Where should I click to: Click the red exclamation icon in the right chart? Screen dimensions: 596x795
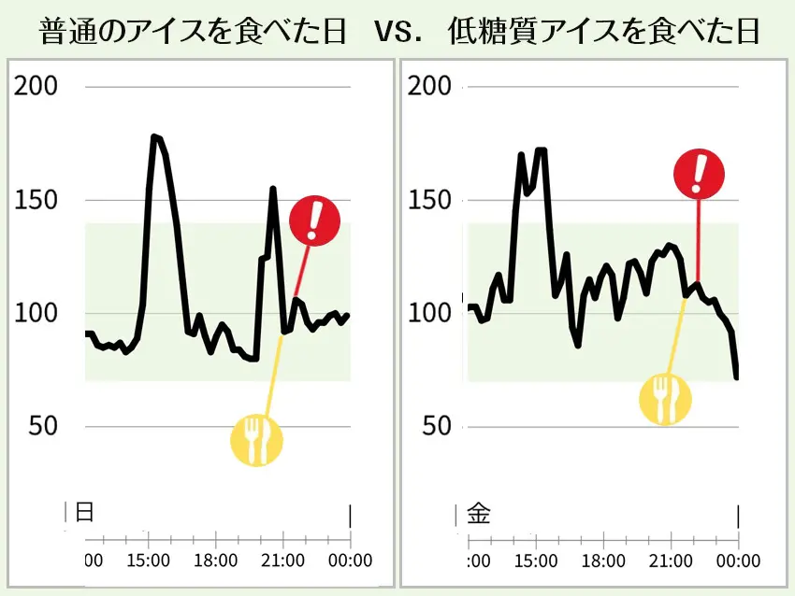[699, 175]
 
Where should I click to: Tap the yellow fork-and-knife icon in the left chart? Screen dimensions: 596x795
[255, 440]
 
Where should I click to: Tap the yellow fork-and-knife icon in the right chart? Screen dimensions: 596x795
[665, 399]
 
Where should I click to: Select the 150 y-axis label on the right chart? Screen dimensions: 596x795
[431, 201]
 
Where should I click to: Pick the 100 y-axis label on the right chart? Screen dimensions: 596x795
[431, 314]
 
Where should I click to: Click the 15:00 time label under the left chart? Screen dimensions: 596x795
[148, 561]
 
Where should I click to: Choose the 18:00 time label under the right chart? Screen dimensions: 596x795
[602, 561]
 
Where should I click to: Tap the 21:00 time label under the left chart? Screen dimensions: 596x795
[282, 561]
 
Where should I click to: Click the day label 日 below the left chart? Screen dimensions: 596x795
[84, 513]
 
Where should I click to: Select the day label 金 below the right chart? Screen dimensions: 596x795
[478, 513]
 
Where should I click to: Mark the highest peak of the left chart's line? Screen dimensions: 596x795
[154, 136]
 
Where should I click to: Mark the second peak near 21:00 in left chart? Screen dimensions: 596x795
[273, 189]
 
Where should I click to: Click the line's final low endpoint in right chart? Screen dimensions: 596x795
[737, 377]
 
